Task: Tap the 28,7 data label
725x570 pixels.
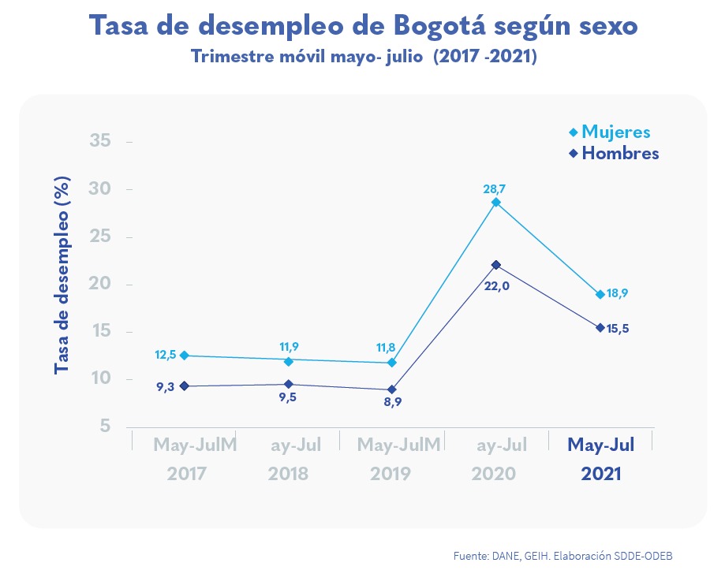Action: click(495, 189)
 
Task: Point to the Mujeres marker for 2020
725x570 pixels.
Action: click(496, 203)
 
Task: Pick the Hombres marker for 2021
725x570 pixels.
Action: click(600, 327)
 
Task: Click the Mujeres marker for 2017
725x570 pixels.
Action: click(185, 356)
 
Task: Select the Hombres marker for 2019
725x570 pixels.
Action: click(392, 389)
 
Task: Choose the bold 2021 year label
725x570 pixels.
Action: click(600, 475)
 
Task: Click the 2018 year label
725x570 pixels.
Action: click(288, 475)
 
